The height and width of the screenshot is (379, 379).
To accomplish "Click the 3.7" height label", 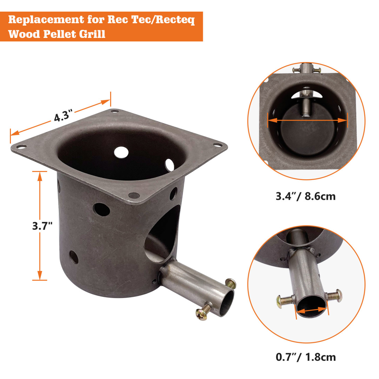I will pos(42,225).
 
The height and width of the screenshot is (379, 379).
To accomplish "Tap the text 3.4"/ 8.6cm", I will pos(305,196).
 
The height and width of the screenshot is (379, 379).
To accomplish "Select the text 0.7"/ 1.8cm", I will pos(305,357).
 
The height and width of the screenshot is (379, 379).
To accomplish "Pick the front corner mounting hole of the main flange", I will pos(133,195).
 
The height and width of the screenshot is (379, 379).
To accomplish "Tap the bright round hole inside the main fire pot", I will pos(121,152).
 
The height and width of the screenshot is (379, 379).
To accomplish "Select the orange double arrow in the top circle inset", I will pos(307,120).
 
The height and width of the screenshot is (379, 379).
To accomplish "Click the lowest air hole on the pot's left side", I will pos(74,257).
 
